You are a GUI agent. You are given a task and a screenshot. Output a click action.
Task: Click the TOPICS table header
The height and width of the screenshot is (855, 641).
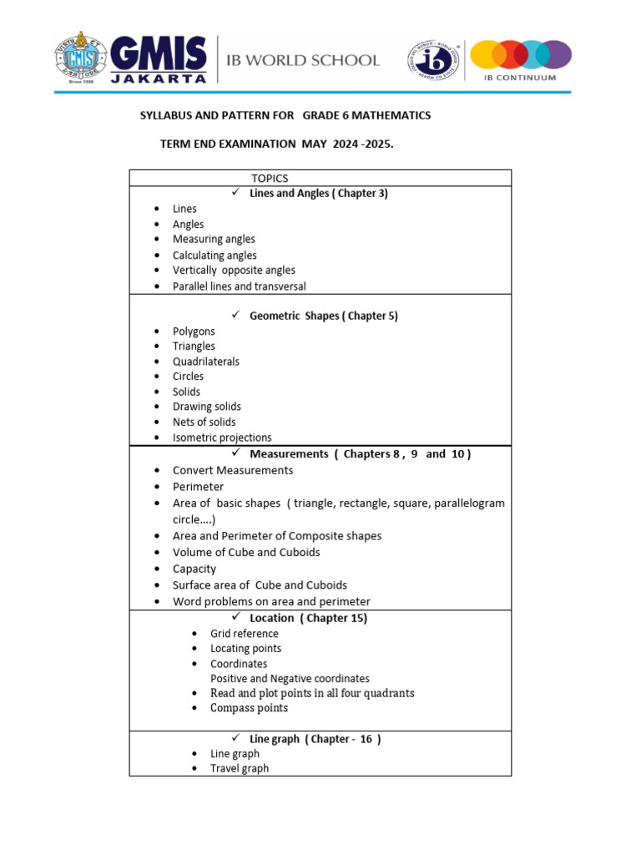pyautogui.click(x=270, y=178)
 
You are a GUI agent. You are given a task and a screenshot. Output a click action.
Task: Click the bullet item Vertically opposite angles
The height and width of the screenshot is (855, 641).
pyautogui.click(x=234, y=271)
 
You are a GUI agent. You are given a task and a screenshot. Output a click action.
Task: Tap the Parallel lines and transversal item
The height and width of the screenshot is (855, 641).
pyautogui.click(x=240, y=286)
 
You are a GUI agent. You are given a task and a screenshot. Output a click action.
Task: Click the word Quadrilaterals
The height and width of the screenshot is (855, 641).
pyautogui.click(x=206, y=362)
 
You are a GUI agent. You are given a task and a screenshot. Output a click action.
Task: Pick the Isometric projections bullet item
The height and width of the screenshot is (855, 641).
pyautogui.click(x=222, y=438)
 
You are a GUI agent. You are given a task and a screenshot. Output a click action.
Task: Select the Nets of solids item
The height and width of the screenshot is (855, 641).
pyautogui.click(x=204, y=422)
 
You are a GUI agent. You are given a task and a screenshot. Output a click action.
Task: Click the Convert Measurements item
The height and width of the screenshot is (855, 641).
pyautogui.click(x=233, y=470)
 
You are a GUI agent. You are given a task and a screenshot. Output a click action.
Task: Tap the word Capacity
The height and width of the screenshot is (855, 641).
pyautogui.click(x=194, y=569)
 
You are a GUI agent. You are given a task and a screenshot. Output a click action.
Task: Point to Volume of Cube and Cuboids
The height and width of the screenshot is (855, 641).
pyautogui.click(x=246, y=552)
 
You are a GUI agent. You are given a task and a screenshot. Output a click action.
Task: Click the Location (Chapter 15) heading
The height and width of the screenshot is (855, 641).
pyautogui.click(x=308, y=618)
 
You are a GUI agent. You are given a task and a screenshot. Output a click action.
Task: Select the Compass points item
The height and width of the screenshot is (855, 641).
pyautogui.click(x=249, y=708)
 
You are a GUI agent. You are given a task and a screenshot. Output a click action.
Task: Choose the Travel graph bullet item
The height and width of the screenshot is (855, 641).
pyautogui.click(x=240, y=768)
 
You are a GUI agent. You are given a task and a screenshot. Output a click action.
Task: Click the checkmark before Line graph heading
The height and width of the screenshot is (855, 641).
pyautogui.click(x=235, y=738)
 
